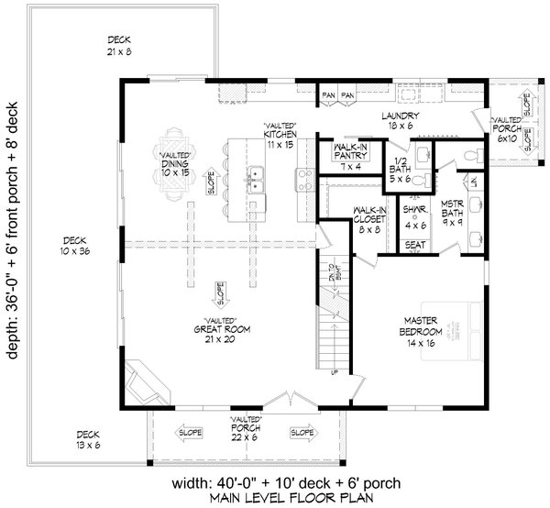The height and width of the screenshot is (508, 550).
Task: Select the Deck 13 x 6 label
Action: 89,441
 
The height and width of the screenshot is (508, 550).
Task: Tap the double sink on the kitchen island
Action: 256,178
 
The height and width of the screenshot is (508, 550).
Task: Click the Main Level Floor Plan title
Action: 334,498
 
